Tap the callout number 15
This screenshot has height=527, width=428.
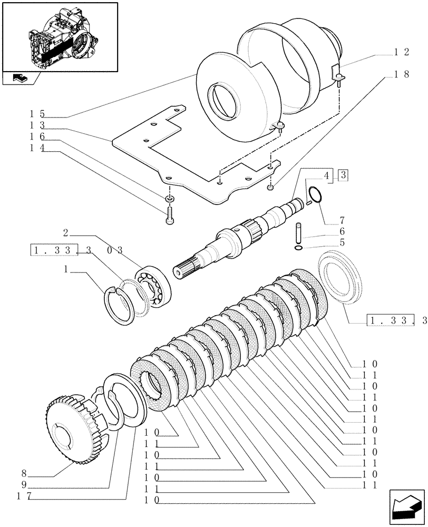(x=37, y=113)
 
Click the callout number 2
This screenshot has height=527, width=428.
(x=65, y=232)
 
